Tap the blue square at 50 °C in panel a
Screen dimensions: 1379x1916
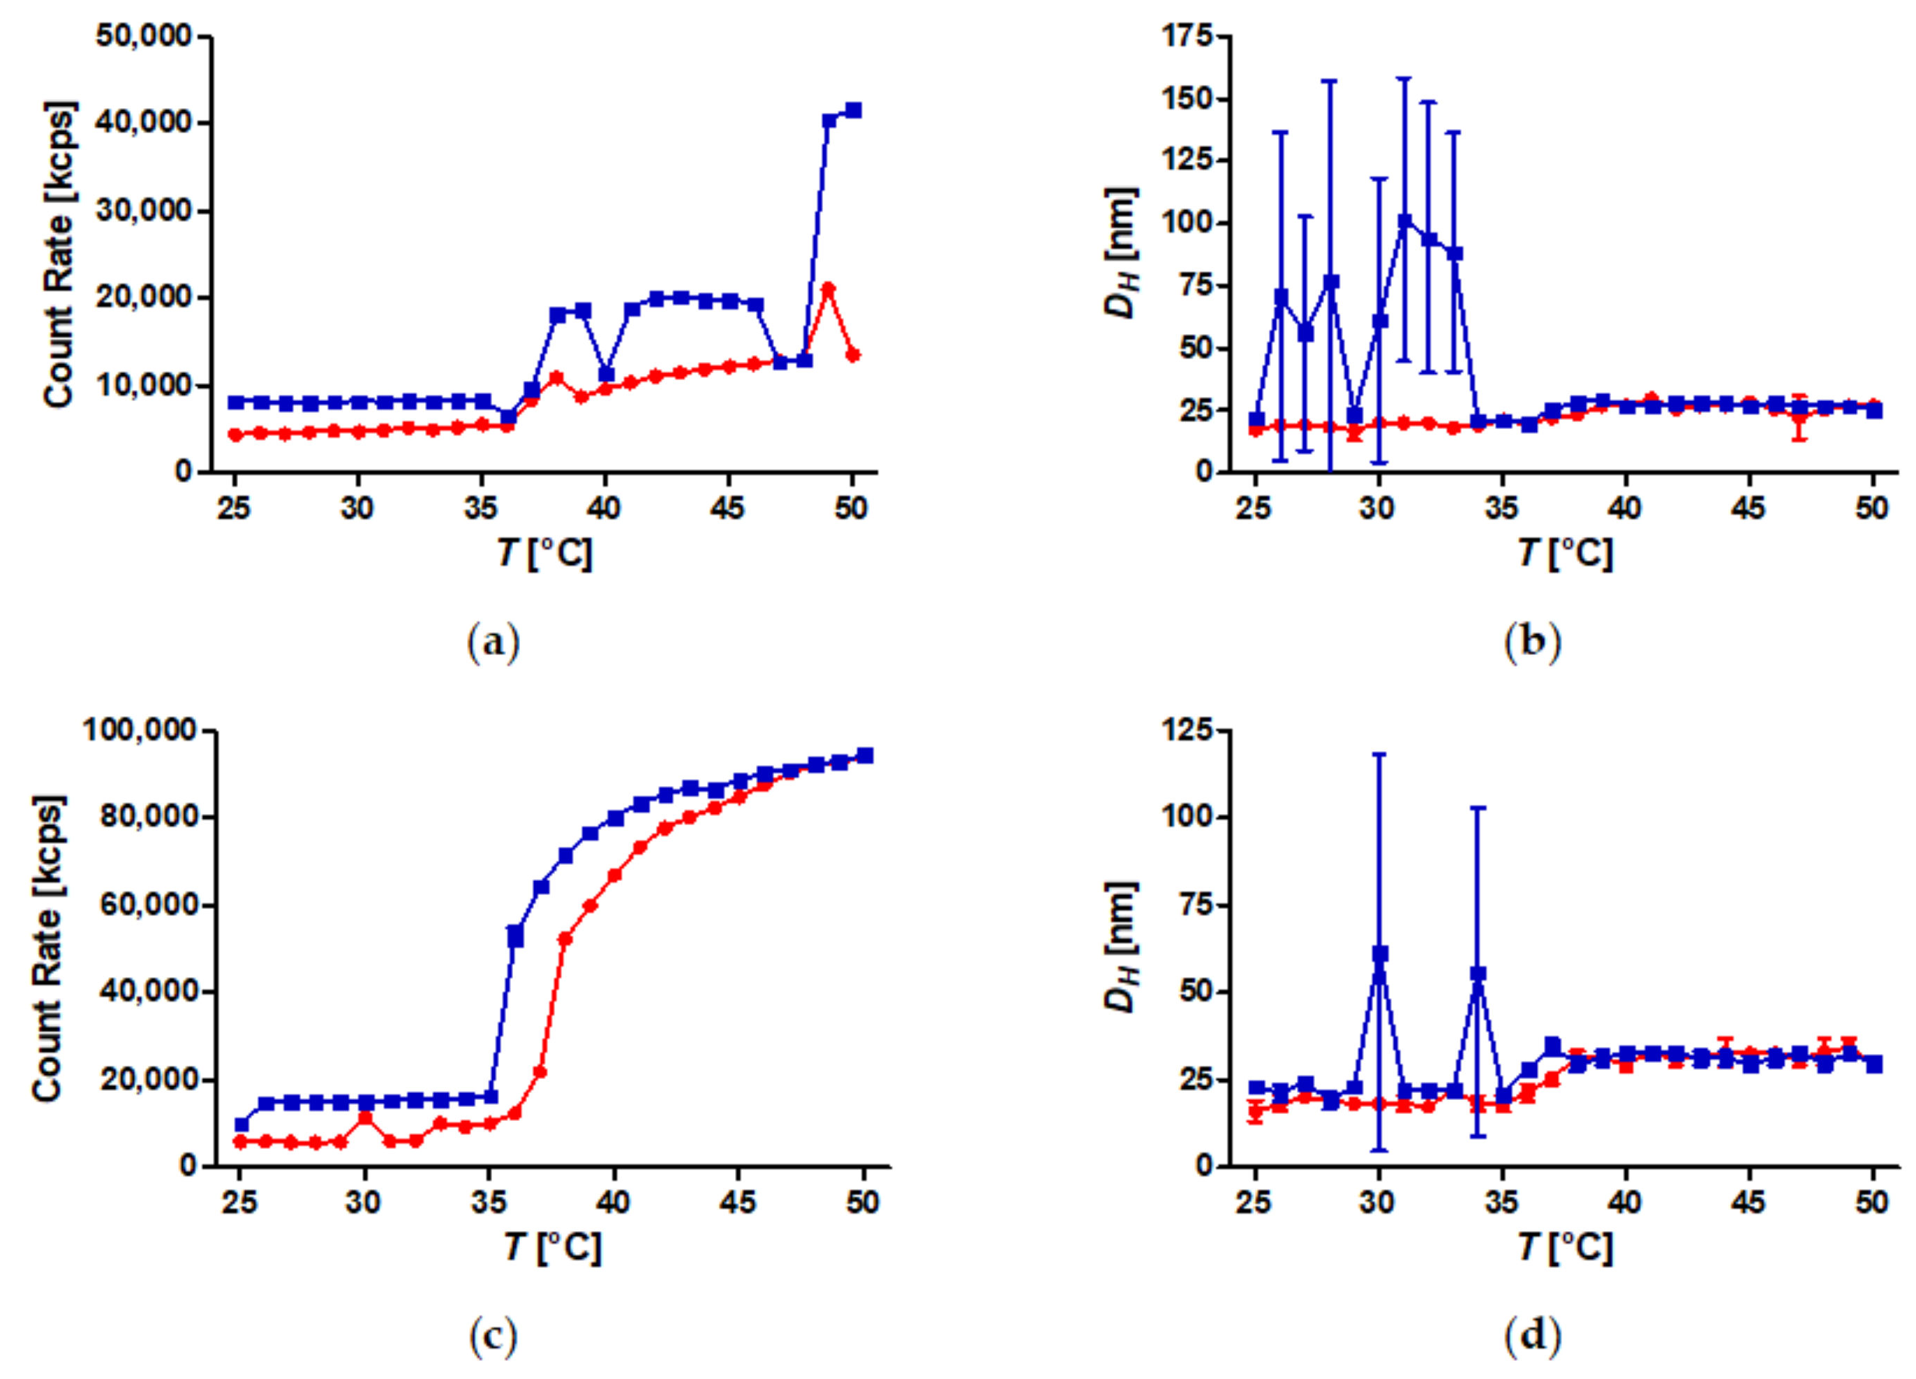[x=853, y=111]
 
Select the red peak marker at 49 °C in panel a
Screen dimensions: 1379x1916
[x=829, y=289]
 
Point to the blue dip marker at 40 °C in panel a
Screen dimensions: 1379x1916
[x=607, y=374]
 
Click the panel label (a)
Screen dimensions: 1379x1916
[x=493, y=642]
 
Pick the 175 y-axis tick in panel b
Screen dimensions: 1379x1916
[x=1187, y=37]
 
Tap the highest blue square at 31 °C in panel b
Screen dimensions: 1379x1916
[x=1405, y=222]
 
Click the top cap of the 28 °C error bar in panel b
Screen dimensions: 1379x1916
[x=1330, y=82]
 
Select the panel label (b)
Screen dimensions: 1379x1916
[x=1533, y=642]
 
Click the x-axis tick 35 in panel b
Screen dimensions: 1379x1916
[x=1503, y=508]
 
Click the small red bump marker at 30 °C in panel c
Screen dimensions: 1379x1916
[x=365, y=1117]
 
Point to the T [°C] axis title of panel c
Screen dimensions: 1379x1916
[x=553, y=1247]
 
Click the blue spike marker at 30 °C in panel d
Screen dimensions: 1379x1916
[x=1379, y=954]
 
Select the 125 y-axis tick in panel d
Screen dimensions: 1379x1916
[x=1187, y=730]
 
